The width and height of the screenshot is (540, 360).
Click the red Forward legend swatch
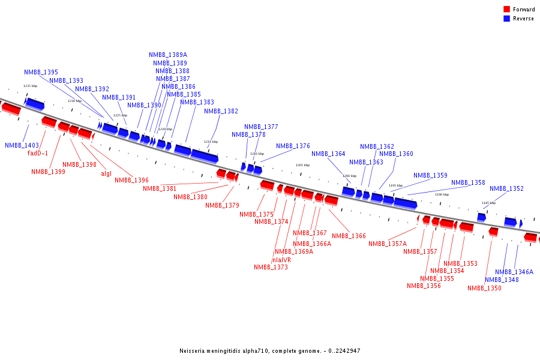point(506,10)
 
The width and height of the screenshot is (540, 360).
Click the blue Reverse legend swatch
point(506,19)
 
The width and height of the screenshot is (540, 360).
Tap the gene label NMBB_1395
point(41,72)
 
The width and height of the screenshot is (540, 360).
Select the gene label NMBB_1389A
point(168,55)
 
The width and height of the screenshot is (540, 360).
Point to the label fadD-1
point(38,153)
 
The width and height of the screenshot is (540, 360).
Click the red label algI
point(106,174)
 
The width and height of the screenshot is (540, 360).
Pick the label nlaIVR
point(281,260)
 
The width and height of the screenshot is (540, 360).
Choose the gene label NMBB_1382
point(221,111)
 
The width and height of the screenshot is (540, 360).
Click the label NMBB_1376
point(293,146)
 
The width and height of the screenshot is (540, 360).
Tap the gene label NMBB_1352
point(506,188)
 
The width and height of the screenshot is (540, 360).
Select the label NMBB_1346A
point(514,272)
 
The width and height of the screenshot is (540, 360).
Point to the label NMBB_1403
point(22,145)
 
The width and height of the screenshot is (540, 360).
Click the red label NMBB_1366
point(349,236)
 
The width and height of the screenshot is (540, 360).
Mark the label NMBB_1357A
point(388,244)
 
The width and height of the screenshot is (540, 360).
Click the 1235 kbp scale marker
point(30,86)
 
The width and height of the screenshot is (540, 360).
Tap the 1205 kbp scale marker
point(302,165)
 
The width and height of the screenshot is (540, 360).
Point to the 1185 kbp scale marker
point(488,203)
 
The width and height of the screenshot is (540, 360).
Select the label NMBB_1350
point(484,288)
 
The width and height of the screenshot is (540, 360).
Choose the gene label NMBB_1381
point(160,188)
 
